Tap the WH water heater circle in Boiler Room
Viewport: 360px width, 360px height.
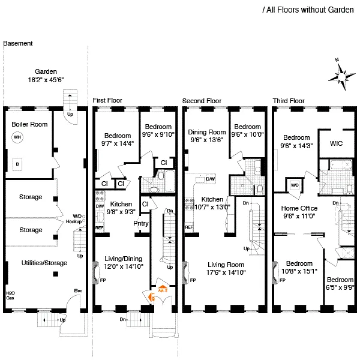pos(17,137)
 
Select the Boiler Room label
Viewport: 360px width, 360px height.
pos(25,124)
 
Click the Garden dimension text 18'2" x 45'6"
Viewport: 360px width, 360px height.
pos(46,79)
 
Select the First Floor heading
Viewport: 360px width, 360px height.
pos(107,100)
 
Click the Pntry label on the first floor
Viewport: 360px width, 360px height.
pos(141,224)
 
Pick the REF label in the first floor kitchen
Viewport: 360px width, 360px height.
pos(100,229)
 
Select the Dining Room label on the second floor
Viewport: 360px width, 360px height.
pos(207,132)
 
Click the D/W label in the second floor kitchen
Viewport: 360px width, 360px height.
pos(211,179)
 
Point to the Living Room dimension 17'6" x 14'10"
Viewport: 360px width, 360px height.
pos(230,272)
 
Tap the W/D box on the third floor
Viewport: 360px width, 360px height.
pos(295,185)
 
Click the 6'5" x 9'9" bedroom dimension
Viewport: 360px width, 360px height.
pos(341,287)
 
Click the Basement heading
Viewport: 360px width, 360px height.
pos(18,44)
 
